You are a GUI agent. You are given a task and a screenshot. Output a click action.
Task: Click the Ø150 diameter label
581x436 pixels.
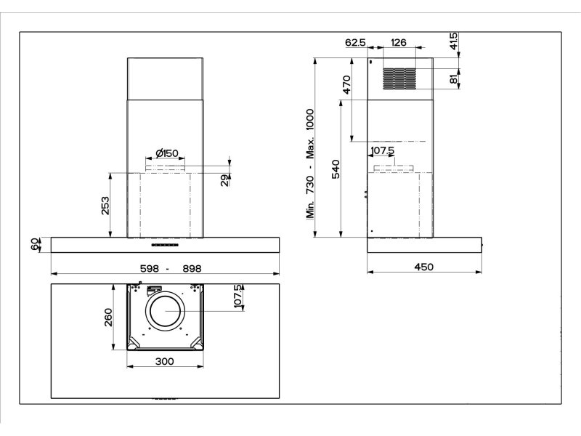(167, 153)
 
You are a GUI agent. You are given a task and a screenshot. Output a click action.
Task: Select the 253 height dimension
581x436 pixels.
(105, 206)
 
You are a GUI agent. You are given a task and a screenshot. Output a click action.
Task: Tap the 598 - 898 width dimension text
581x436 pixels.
(171, 268)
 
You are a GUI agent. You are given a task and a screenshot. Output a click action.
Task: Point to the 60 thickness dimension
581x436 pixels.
(35, 245)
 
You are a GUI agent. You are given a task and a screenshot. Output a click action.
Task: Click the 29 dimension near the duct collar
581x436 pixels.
(225, 180)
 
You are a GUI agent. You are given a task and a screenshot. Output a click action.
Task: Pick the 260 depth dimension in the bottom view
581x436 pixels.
(108, 318)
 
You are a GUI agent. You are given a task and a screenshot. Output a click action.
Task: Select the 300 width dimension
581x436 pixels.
(165, 361)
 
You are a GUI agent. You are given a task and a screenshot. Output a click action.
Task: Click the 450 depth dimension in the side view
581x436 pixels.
(423, 267)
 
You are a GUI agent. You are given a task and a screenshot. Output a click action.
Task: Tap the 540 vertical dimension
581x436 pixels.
(336, 169)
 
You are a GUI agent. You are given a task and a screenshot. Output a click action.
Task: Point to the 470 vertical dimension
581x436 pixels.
(346, 84)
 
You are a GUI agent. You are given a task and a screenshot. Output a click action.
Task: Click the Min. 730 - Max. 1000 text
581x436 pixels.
(310, 163)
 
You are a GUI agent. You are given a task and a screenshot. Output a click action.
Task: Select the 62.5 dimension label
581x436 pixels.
(355, 43)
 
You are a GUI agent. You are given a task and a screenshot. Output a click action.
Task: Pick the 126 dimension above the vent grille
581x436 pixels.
(399, 42)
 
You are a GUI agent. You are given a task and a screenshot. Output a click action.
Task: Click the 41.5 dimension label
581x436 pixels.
(454, 41)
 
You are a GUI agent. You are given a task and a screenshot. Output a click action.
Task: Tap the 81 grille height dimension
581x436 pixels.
(454, 79)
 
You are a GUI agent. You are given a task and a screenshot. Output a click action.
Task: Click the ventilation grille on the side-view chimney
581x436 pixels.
(399, 79)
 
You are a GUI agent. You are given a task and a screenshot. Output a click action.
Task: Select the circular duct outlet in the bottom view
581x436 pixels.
(166, 311)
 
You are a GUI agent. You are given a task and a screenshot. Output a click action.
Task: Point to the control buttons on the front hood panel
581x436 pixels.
(165, 245)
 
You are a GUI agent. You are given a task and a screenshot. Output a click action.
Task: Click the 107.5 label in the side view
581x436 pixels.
(383, 150)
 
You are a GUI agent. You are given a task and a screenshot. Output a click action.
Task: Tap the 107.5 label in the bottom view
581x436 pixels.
(238, 296)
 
